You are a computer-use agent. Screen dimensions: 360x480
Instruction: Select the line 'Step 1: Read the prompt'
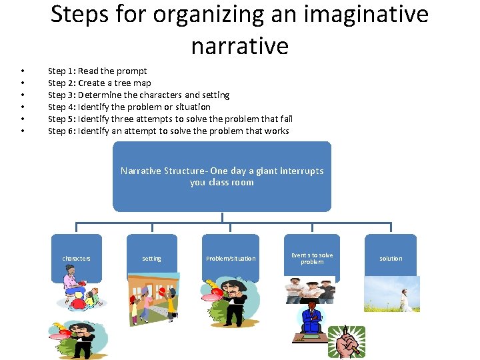[x=97, y=71]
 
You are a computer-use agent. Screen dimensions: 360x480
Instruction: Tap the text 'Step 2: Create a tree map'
[x=99, y=83]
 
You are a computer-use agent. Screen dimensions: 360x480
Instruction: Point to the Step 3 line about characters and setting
[x=139, y=95]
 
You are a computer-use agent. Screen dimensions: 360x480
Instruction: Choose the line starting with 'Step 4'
[x=129, y=107]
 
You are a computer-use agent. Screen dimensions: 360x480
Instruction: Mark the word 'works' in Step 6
[x=277, y=131]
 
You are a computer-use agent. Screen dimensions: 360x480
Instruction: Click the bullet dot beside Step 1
[x=23, y=71]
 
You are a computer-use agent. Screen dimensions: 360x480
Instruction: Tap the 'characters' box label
[x=77, y=259]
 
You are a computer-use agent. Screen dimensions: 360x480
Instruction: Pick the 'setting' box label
[x=151, y=259]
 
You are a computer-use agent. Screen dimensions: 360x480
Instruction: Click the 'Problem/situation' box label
[x=230, y=259]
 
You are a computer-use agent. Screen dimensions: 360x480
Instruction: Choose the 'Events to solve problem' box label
[x=312, y=259]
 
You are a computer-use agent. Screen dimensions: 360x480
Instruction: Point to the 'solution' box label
[x=391, y=259]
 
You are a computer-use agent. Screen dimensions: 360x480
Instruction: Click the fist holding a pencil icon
[x=346, y=342]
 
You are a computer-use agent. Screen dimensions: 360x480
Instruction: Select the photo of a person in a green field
[x=391, y=294]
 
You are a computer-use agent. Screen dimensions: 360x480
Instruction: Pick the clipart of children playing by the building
[x=153, y=296]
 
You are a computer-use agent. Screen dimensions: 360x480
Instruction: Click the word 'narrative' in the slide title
[x=239, y=46]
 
